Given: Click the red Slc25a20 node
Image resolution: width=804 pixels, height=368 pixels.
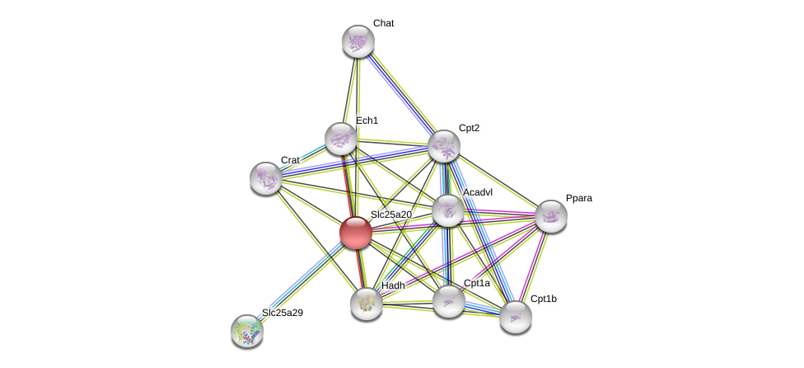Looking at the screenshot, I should click(356, 233).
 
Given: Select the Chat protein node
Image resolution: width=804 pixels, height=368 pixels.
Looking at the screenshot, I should click(358, 41).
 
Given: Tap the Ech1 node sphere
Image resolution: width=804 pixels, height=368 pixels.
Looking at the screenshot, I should click(341, 139).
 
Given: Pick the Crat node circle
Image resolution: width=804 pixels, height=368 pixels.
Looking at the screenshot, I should click(266, 177).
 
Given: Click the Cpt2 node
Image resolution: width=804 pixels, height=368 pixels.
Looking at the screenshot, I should click(444, 147).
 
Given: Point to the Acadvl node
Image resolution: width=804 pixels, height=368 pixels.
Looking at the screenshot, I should click(448, 210).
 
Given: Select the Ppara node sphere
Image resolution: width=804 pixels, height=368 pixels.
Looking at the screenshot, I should click(551, 216).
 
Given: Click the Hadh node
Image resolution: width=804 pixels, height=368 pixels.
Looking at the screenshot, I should click(367, 303).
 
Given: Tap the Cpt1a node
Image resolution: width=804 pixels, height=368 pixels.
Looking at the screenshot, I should click(449, 301).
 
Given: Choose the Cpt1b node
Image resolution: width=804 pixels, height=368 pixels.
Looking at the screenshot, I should click(516, 317).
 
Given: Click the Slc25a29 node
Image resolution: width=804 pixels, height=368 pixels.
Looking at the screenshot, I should click(247, 330).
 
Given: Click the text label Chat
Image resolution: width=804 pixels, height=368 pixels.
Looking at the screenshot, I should click(383, 23).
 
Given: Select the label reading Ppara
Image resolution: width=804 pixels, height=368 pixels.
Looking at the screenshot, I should click(578, 198).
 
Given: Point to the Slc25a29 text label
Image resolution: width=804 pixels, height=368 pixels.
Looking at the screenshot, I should click(283, 313).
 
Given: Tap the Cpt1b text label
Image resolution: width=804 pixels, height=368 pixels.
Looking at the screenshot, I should click(543, 299).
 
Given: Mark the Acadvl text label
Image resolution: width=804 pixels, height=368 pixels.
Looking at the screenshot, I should click(478, 192).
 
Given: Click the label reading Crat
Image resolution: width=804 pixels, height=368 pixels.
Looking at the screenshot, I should click(290, 160).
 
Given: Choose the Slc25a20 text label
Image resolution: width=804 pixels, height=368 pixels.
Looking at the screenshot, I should click(390, 215).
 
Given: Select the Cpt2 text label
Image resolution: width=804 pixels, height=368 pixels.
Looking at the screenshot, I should click(469, 128).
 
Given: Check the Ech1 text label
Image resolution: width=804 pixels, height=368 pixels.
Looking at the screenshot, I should click(367, 120).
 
